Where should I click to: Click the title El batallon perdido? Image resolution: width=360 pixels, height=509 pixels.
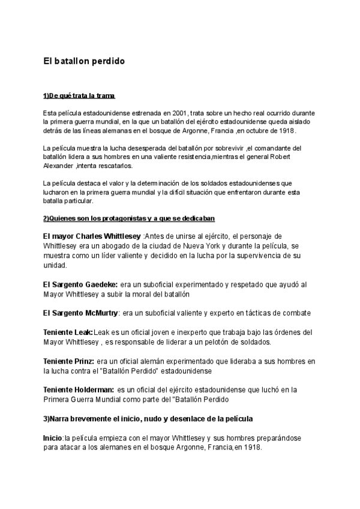point(83,61)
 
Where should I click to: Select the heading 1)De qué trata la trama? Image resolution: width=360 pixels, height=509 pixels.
point(79,96)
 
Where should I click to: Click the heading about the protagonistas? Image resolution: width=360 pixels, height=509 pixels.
point(129,218)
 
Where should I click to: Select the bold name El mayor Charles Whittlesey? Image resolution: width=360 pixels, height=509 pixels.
point(93,236)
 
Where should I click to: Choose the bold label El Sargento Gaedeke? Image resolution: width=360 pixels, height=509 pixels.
point(80,285)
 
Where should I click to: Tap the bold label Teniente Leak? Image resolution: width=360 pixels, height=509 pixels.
point(68,332)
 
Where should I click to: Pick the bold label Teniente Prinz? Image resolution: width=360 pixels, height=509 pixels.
point(68,360)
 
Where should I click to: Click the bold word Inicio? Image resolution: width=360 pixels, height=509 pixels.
point(53,438)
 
